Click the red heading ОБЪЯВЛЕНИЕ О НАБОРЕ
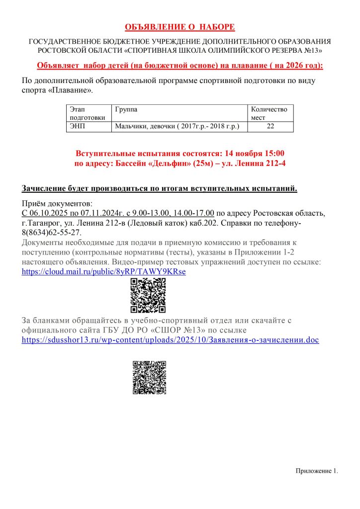point(180,27)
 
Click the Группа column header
point(126,109)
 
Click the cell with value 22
point(270,127)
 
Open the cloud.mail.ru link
point(104,271)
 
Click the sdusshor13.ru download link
point(170,340)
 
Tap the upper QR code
point(148,295)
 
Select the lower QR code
point(149,377)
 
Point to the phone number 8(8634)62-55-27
point(51,233)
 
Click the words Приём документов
point(57,204)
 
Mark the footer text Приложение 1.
point(317,471)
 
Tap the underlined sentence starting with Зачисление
point(160,188)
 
